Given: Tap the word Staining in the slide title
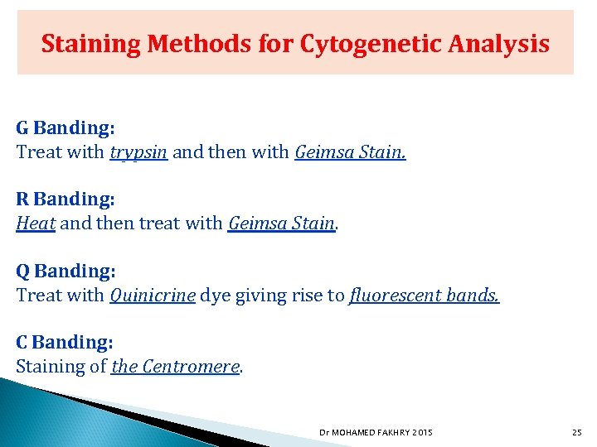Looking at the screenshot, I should pyautogui.click(x=91, y=43).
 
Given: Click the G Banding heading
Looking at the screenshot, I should pyautogui.click(x=66, y=128).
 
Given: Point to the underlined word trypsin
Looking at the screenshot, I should pyautogui.click(x=138, y=152).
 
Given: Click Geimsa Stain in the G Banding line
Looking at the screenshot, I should pyautogui.click(x=350, y=152).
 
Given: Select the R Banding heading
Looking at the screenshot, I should pyautogui.click(x=66, y=199).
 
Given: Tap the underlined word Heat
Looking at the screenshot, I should pyautogui.click(x=36, y=223).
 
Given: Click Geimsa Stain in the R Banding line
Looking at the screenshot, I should pyautogui.click(x=281, y=223).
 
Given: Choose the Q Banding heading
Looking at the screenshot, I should pyautogui.click(x=66, y=271).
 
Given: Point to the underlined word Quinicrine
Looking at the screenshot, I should pyautogui.click(x=153, y=295).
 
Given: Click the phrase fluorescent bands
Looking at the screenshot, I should pyautogui.click(x=425, y=295).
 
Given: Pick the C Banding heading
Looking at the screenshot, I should pyautogui.click(x=65, y=342).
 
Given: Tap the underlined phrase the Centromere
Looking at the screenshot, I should pyautogui.click(x=175, y=366).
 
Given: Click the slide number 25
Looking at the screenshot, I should pyautogui.click(x=577, y=432).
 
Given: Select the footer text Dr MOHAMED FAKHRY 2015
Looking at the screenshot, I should pyautogui.click(x=376, y=432).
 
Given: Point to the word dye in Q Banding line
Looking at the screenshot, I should pyautogui.click(x=215, y=296).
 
